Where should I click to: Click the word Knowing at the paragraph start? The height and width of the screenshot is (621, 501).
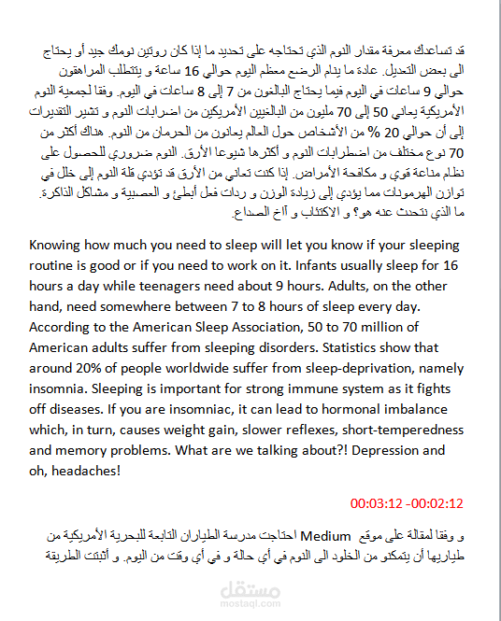tap(57, 246)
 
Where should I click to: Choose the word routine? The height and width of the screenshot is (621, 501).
tap(55, 265)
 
